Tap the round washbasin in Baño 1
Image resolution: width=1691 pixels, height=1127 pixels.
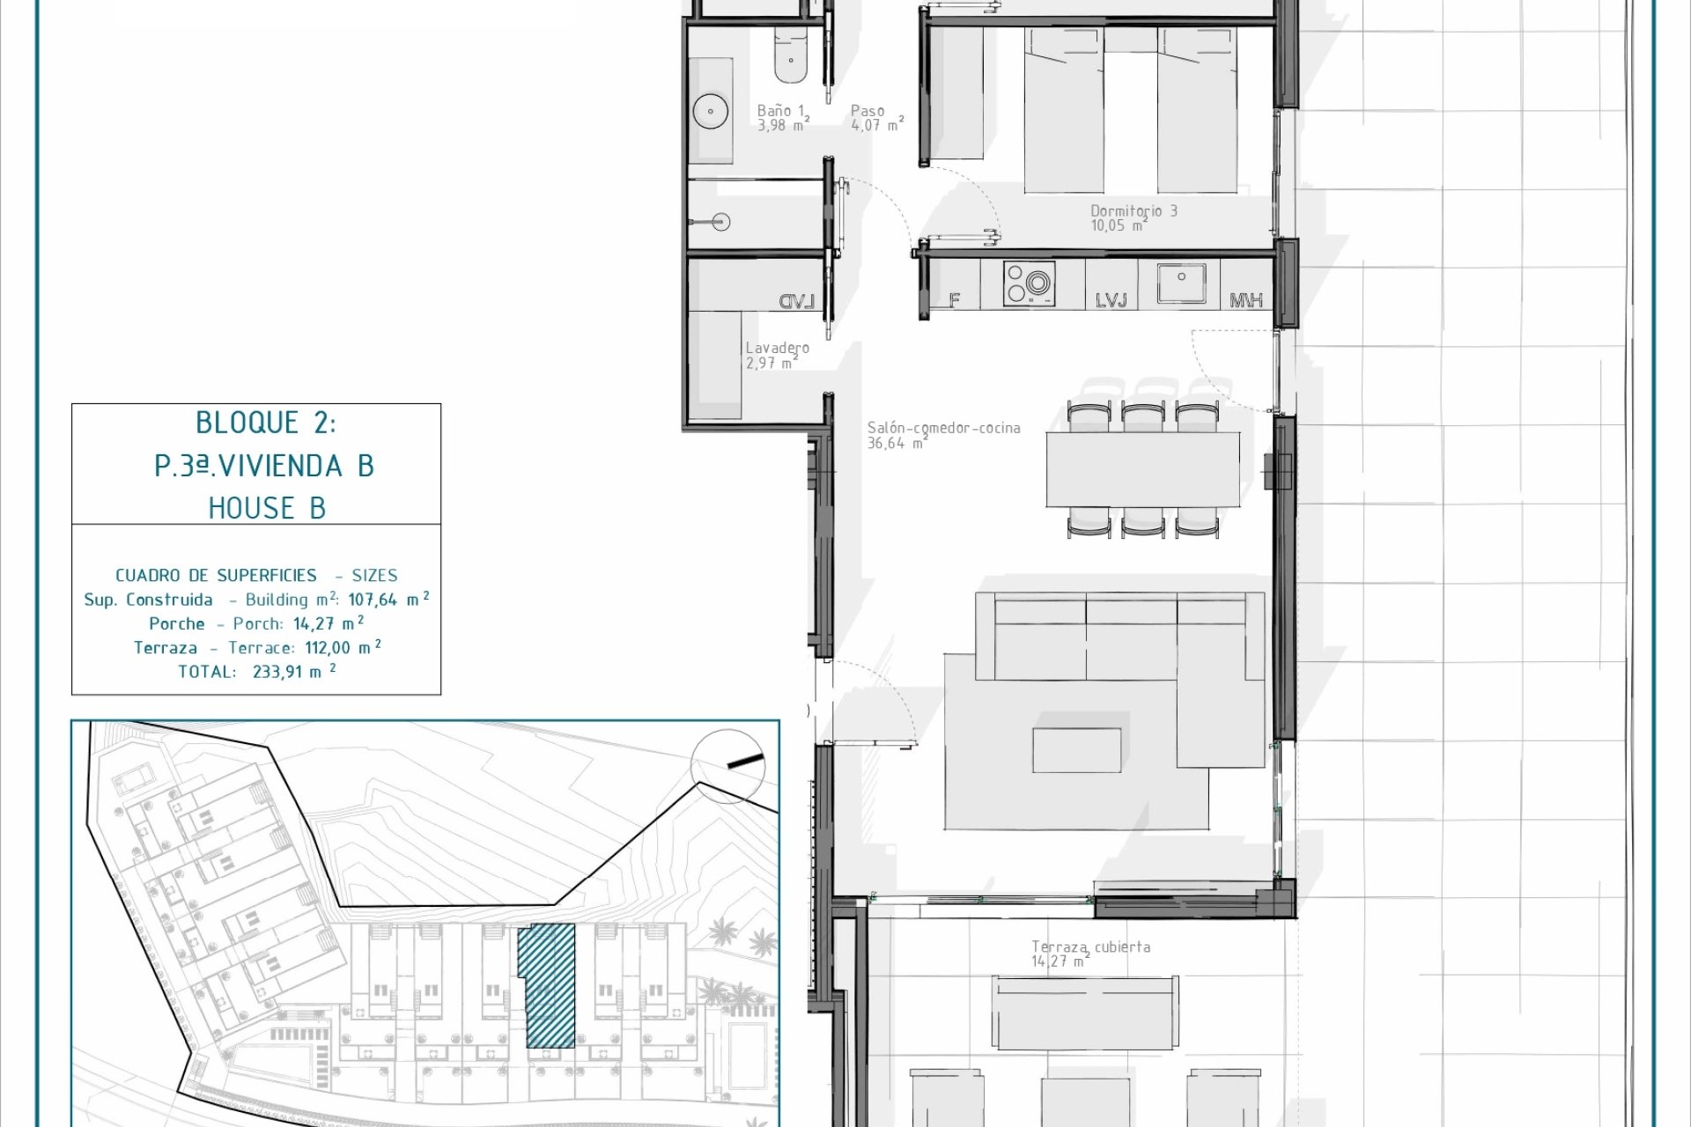pos(709,111)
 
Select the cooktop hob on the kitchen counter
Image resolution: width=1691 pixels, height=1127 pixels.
pos(1029,284)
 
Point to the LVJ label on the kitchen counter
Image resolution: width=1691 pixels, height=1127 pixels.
pos(1111,300)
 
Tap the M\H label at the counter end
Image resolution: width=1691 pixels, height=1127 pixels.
pos(1245,301)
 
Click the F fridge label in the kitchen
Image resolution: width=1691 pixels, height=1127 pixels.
pos(954,300)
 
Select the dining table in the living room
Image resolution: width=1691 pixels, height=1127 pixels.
pos(1142,469)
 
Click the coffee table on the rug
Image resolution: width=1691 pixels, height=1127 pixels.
pos(1077,748)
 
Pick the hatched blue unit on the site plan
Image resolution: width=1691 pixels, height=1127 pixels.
pos(546,986)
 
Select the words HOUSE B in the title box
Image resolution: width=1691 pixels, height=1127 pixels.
pos(267,508)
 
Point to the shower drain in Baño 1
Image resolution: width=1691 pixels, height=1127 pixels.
pos(721,222)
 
